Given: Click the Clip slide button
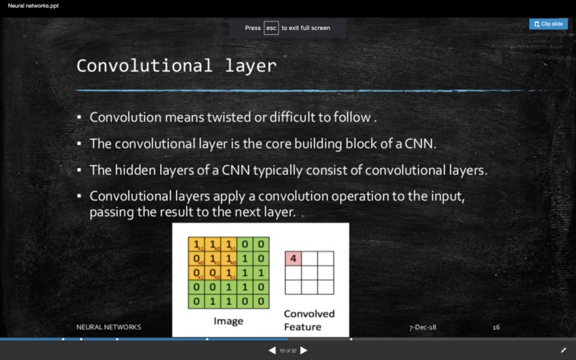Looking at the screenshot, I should pos(548,24).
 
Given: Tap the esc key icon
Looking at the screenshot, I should pos(271,28).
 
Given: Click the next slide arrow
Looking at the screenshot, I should pos(304,350).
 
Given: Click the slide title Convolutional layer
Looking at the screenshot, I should pos(177,66).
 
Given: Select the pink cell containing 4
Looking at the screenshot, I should pos(293,258).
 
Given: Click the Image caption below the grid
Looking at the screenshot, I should pos(228,321).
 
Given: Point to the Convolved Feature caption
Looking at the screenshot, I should pos(309,320).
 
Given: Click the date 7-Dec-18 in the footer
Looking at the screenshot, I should pos(422,327).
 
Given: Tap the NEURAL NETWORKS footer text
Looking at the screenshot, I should pos(109,327).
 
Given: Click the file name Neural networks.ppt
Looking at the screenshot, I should pos(34,6).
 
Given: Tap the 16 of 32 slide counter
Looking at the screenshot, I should pos(287,351).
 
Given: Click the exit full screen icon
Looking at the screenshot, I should pos(563,350).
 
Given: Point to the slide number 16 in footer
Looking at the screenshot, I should pos(496,327).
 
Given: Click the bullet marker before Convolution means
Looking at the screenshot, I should pos(79,116).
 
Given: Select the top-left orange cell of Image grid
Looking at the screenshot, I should pos(196,245).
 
